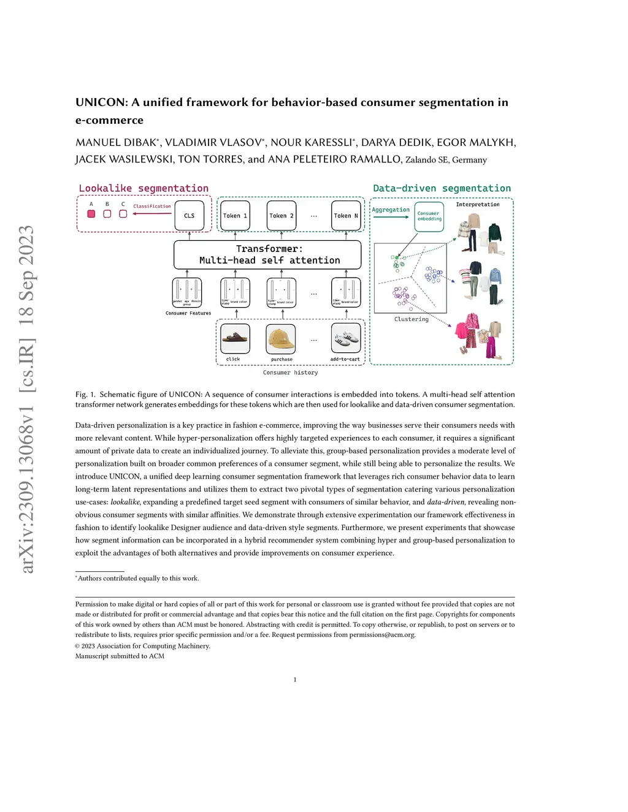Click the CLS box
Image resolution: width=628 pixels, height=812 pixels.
click(189, 216)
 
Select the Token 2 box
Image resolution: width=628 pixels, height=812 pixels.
click(281, 216)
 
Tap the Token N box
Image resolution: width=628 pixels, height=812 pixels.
click(346, 216)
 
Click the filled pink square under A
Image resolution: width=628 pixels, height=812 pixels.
click(91, 214)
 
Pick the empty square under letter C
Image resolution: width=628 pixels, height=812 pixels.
click(123, 214)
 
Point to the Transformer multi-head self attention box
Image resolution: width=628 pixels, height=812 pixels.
click(267, 255)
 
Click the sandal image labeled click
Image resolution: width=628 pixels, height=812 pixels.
click(235, 338)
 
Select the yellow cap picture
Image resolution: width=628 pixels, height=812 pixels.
click(281, 338)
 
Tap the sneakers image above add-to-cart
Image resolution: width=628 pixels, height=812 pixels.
click(346, 338)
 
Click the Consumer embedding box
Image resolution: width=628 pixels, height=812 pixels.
click(429, 216)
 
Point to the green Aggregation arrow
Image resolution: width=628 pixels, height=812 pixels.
click(391, 217)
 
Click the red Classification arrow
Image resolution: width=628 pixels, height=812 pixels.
click(151, 213)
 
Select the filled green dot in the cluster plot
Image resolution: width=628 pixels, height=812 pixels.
click(397, 258)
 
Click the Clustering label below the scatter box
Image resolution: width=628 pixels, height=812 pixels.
click(411, 319)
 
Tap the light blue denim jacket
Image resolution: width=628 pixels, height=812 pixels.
click(495, 276)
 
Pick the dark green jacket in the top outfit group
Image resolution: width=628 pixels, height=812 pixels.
click(494, 233)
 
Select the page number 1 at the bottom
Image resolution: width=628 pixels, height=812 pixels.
click(295, 680)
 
